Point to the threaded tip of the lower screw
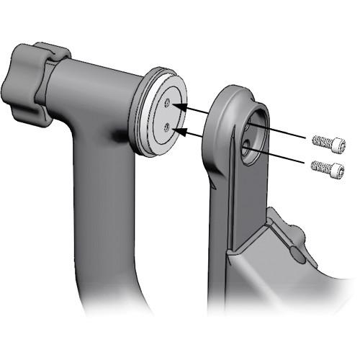(315, 167)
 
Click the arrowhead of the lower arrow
(180, 131)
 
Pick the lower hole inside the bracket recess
(247, 148)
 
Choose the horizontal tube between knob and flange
(101, 86)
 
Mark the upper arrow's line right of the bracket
(288, 136)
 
